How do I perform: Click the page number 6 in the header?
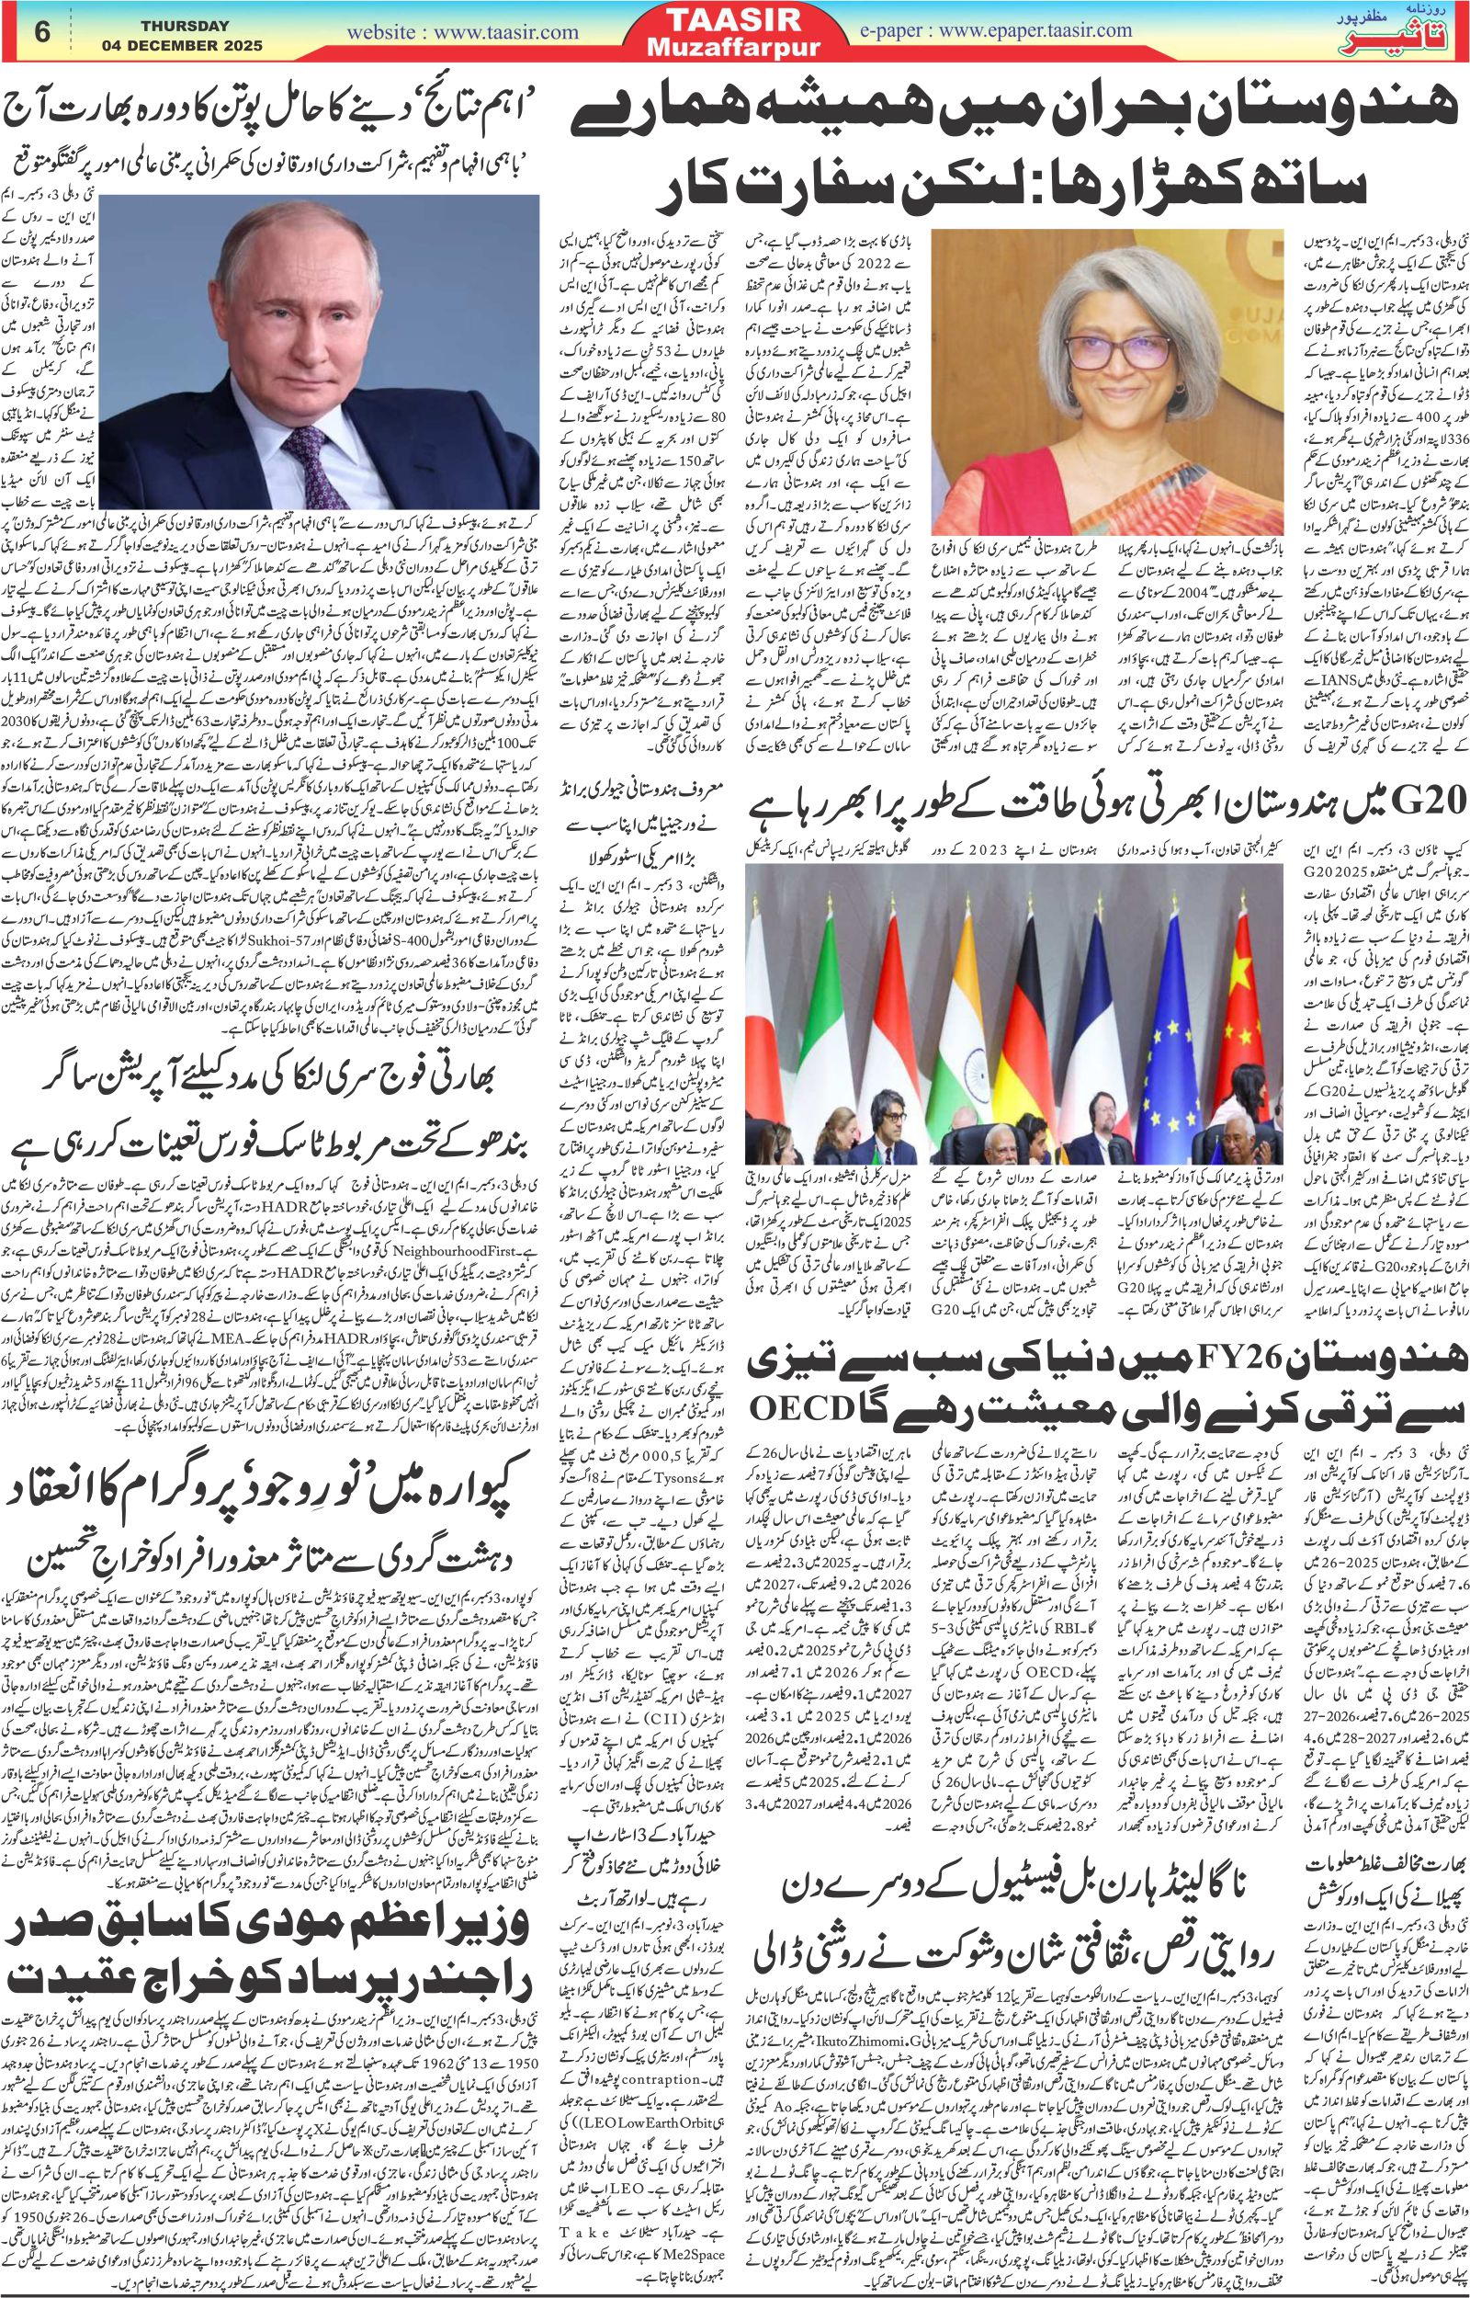(41, 30)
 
